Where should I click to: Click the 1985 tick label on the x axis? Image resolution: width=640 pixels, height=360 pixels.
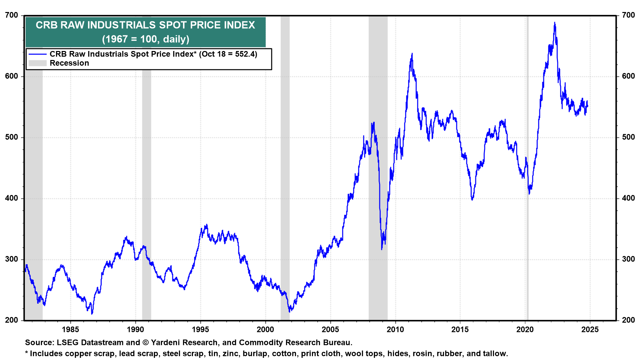pyautogui.click(x=70, y=330)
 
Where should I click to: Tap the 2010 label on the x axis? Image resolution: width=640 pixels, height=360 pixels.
pyautogui.click(x=395, y=330)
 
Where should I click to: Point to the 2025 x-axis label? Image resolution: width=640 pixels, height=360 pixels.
pyautogui.click(x=590, y=330)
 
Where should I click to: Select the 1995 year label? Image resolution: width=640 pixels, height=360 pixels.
pyautogui.click(x=200, y=330)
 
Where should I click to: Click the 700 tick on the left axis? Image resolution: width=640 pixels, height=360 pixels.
pyautogui.click(x=12, y=15)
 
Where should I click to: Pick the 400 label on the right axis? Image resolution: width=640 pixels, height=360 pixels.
pyautogui.click(x=628, y=198)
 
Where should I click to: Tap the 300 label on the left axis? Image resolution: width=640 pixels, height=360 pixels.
pyautogui.click(x=12, y=259)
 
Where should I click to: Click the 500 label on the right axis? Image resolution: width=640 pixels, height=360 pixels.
pyautogui.click(x=628, y=137)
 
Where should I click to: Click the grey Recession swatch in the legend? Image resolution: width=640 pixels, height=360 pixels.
pyautogui.click(x=37, y=63)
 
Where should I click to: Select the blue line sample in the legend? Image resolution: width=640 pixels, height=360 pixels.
pyautogui.click(x=37, y=54)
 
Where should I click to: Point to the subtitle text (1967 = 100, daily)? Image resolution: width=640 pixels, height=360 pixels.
pyautogui.click(x=146, y=39)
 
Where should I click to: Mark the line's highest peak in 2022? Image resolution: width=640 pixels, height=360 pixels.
pyautogui.click(x=555, y=23)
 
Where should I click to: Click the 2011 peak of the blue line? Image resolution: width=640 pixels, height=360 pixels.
pyautogui.click(x=412, y=54)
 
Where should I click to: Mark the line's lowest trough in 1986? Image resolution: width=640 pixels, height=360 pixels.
pyautogui.click(x=92, y=313)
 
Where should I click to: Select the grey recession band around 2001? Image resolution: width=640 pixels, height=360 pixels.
pyautogui.click(x=285, y=167)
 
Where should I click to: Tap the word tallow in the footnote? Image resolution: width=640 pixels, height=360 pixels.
pyautogui.click(x=496, y=354)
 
